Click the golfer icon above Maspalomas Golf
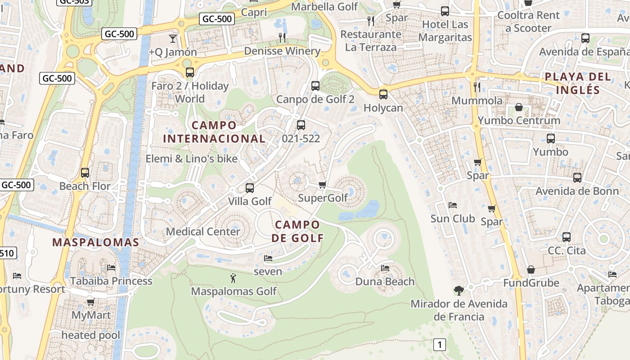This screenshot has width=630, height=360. click(233, 278)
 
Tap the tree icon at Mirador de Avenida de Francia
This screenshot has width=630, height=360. click(459, 290)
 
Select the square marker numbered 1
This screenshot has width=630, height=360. click(439, 345)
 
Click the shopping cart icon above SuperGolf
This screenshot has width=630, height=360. click(322, 184)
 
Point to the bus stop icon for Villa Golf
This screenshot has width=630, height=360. click(250, 188)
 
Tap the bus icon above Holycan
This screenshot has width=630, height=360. click(383, 94)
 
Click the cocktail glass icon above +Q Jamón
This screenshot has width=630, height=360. click(173, 38)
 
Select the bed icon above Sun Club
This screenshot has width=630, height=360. click(453, 205)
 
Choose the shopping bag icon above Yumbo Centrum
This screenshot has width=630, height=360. click(519, 107)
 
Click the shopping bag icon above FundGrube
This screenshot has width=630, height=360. click(531, 270)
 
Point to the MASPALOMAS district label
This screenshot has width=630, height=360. click(95, 242)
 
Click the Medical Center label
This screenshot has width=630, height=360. click(203, 231)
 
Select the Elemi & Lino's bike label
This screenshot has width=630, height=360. click(191, 158)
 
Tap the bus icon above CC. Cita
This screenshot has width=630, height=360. click(566, 237)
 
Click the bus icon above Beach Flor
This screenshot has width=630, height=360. click(85, 172)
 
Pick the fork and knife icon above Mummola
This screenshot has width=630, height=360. click(477, 86)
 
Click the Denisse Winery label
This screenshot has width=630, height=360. click(282, 51)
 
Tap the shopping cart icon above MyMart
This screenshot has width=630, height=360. click(90, 301)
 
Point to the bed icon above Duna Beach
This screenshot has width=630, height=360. click(385, 268)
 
